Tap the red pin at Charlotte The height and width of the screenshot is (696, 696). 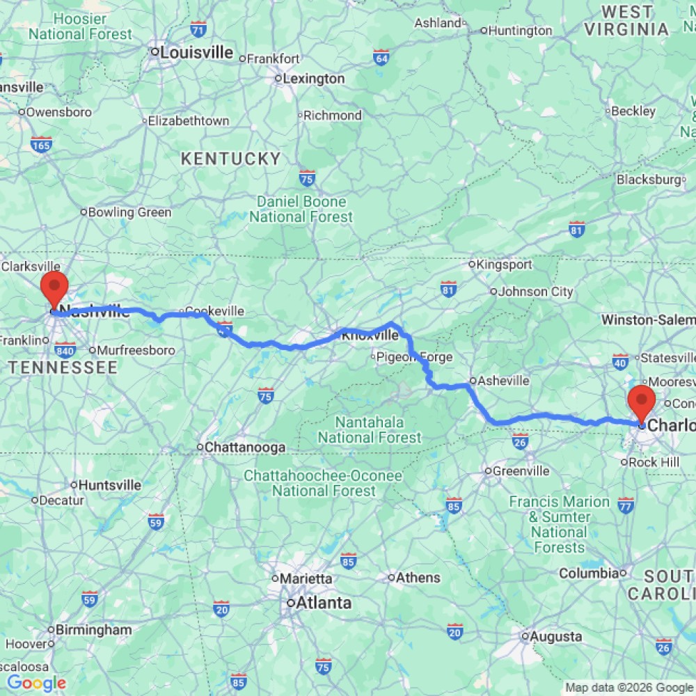coord(640,403)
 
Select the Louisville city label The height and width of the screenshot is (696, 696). coord(196,52)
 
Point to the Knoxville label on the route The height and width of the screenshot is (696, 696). coord(370,335)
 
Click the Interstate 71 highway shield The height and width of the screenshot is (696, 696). coord(198,29)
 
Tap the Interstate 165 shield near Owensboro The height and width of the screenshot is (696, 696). coord(41,145)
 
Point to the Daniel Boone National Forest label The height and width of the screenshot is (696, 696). coord(301,209)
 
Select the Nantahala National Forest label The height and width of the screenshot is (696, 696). coord(370,430)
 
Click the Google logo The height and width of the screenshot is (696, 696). coord(36,683)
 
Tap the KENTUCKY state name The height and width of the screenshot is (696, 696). coord(230,159)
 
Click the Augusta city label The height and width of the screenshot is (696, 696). coord(555,636)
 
